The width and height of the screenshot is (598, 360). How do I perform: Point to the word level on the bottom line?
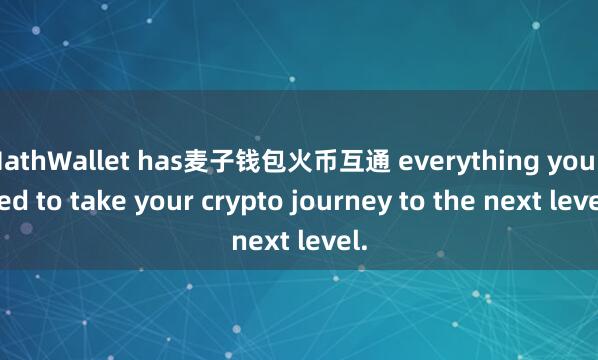click(x=331, y=240)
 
